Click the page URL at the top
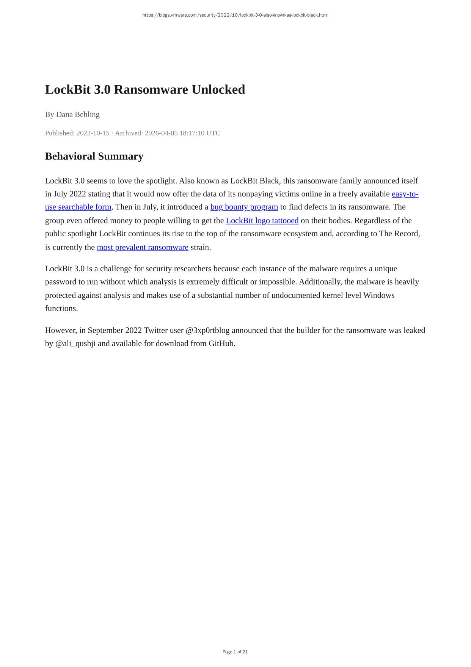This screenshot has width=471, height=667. tap(235, 15)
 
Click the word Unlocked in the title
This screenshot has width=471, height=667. tap(218, 90)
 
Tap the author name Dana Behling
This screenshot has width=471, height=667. tap(78, 114)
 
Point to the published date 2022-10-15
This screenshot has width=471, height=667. tap(93, 133)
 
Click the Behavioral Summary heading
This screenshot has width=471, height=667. tap(94, 156)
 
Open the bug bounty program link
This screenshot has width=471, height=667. tap(244, 207)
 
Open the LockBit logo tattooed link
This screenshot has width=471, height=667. tap(262, 221)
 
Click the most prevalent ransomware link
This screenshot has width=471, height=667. tap(143, 247)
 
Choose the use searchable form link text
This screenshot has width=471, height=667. tap(78, 207)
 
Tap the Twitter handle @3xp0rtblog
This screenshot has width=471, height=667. tap(207, 330)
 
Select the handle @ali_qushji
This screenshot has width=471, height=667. tap(75, 344)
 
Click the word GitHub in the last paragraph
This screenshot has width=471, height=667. tap(221, 344)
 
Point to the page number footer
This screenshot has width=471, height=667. tap(235, 652)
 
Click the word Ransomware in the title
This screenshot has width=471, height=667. tap(151, 90)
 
